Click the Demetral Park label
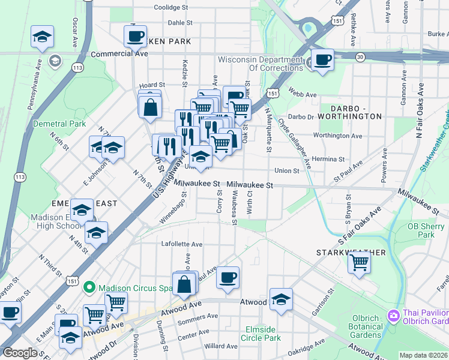pyautogui.click(x=61, y=124)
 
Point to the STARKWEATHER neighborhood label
pyautogui.click(x=351, y=253)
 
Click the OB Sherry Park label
pyautogui.click(x=421, y=230)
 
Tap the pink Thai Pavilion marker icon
pyautogui.click(x=393, y=314)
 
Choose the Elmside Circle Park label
pyautogui.click(x=264, y=334)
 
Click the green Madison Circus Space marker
pyautogui.click(x=89, y=287)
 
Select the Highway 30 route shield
pyautogui.click(x=360, y=56)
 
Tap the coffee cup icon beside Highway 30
pyautogui.click(x=323, y=60)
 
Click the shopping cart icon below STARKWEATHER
pyautogui.click(x=359, y=262)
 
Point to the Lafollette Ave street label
pyautogui.click(x=182, y=244)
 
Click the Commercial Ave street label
pyautogui.click(x=119, y=53)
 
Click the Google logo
pyautogui.click(x=20, y=353)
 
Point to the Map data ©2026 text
pyautogui.click(x=423, y=355)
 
